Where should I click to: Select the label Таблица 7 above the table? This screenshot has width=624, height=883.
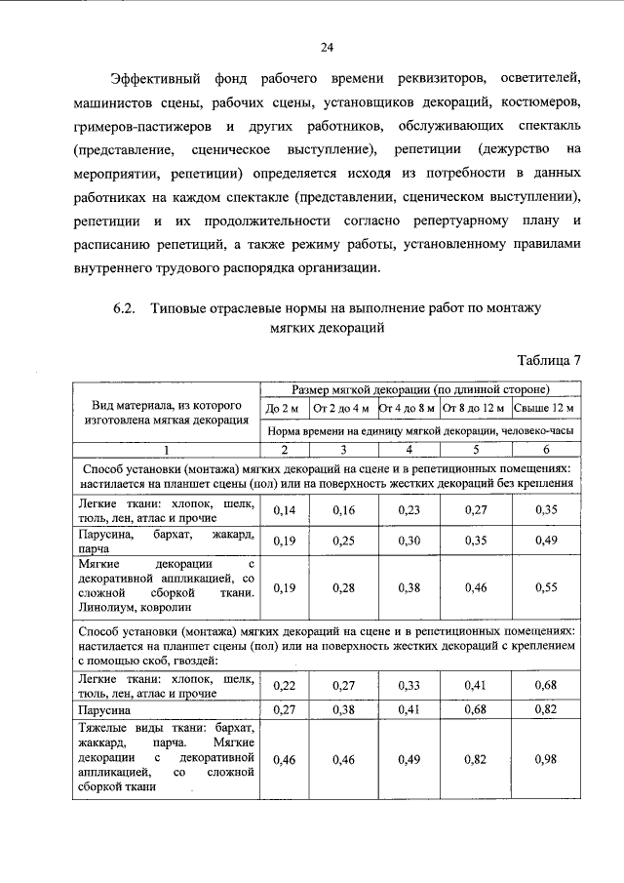click(547, 359)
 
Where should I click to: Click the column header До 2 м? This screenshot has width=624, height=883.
click(284, 407)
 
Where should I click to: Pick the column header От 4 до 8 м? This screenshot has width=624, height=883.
click(409, 407)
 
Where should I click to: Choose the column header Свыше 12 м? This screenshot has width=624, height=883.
click(546, 407)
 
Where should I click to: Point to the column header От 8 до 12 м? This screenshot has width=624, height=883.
click(473, 407)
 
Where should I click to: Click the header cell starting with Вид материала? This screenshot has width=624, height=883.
click(167, 413)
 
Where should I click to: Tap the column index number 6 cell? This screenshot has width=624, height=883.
click(546, 449)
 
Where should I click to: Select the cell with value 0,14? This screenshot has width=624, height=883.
click(284, 509)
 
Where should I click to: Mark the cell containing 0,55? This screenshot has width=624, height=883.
click(546, 587)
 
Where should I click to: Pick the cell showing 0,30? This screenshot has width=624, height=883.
click(409, 541)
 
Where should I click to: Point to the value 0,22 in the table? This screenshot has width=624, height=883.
click(284, 686)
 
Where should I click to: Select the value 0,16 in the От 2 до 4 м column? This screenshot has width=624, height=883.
click(344, 509)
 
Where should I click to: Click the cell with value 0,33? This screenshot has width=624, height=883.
click(409, 686)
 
